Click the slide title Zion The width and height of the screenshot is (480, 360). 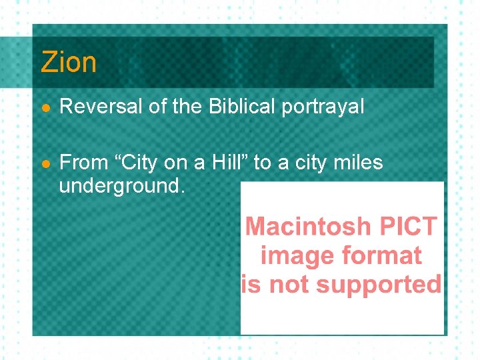[68, 62]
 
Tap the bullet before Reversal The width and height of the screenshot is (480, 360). [45, 107]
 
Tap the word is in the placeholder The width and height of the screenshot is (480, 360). [251, 285]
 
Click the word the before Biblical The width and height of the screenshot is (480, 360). [190, 107]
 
